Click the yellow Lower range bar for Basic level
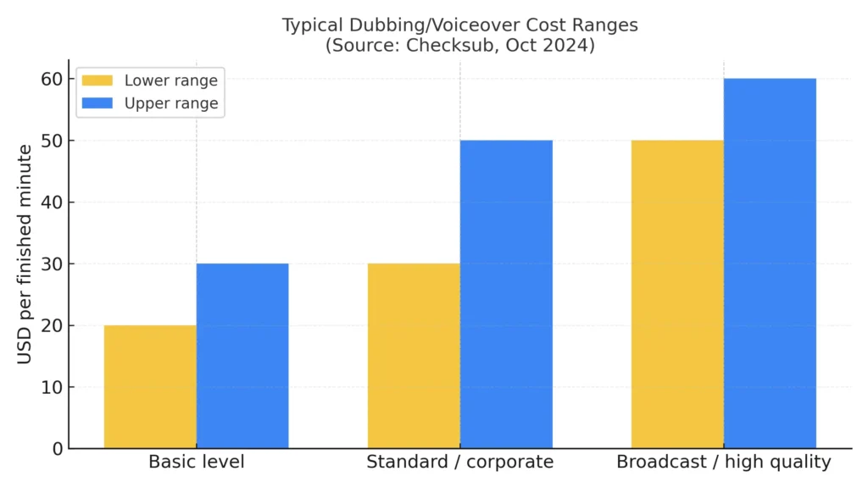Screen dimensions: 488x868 point(150,386)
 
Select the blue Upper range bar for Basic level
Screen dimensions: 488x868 point(242,356)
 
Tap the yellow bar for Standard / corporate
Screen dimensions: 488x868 point(414,356)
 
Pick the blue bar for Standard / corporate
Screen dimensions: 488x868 point(506,294)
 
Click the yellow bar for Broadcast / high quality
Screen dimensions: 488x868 point(677,294)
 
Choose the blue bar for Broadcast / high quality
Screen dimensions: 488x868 point(770,263)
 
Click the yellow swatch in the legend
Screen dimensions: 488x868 point(97,81)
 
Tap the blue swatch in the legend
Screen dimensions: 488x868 point(97,103)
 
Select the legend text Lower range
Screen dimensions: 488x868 point(171,81)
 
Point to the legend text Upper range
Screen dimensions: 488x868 point(171,103)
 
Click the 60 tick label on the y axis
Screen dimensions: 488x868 point(51,79)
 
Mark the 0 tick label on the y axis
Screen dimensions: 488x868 point(56,449)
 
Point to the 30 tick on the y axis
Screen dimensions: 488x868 point(51,264)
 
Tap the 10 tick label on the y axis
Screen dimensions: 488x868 point(51,387)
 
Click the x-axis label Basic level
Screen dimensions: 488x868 point(197,463)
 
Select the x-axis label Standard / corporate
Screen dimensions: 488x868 point(459,463)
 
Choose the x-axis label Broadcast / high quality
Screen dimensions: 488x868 point(724,463)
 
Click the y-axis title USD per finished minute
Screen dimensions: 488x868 point(25,254)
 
